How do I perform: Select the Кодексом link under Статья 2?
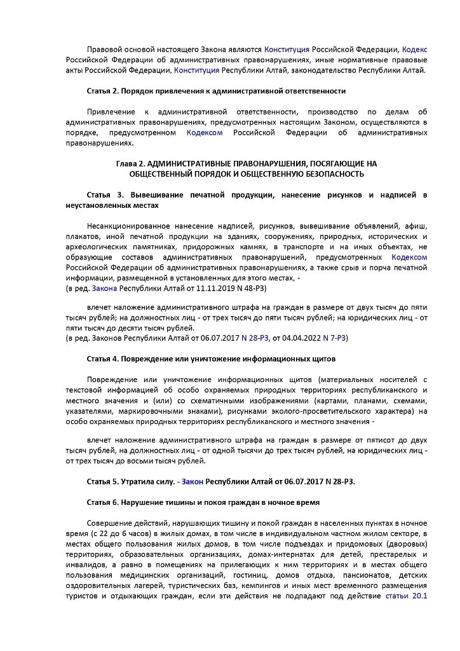tap(205, 132)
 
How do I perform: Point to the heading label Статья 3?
tap(106, 195)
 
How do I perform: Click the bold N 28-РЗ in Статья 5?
tap(335, 481)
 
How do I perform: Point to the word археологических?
tap(97, 247)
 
